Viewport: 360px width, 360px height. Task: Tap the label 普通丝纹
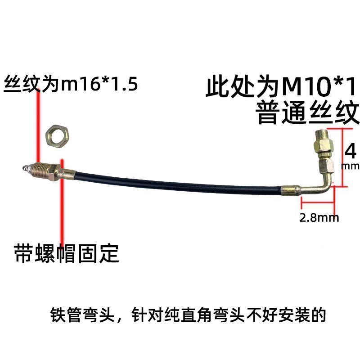(307, 112)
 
